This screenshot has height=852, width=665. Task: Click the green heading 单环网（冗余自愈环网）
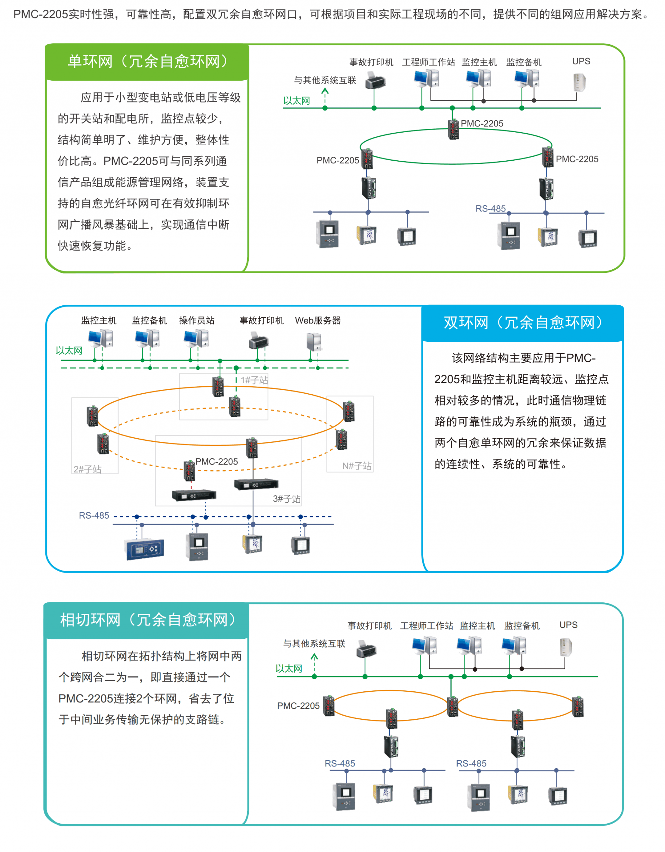point(148,61)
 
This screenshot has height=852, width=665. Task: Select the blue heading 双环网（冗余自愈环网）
point(524,323)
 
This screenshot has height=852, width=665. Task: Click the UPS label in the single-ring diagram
point(581,61)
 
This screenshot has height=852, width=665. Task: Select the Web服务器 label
point(318,321)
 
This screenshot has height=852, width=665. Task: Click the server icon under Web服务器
point(314,342)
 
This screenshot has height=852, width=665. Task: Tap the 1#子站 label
point(255,380)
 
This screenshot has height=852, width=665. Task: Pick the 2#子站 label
point(87,469)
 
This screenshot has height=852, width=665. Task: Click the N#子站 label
point(357,466)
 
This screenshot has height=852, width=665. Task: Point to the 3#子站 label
point(286,499)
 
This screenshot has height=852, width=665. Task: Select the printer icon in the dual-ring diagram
point(258,341)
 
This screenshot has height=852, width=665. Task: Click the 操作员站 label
point(197,321)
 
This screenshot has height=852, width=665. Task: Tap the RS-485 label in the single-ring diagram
point(490,209)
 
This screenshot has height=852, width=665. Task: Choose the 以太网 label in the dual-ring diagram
point(69,351)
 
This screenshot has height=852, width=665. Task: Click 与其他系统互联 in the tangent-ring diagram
point(314,644)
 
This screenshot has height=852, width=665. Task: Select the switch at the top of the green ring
point(453,129)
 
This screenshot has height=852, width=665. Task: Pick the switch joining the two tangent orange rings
point(452,707)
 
